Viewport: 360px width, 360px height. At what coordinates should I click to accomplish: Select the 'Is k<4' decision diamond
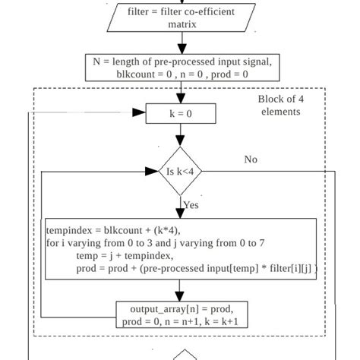tap(181, 172)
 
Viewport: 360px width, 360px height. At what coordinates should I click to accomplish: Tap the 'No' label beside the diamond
tap(251, 159)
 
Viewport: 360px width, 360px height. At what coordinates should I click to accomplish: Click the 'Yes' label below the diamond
tap(191, 205)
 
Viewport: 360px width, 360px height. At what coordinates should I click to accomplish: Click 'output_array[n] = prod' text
tap(181, 309)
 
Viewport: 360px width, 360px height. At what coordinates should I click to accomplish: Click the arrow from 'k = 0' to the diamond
tap(181, 136)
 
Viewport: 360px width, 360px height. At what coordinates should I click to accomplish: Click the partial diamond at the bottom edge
tap(185, 355)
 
